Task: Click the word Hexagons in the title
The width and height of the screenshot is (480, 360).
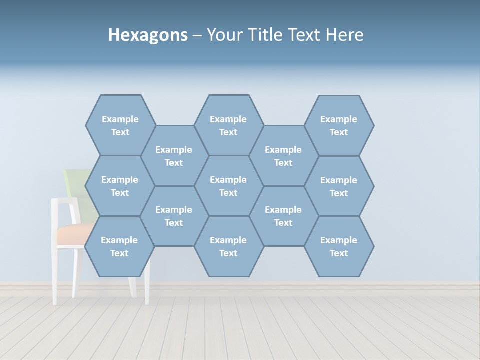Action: point(148,35)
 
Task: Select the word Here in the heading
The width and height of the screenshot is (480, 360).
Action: point(344,35)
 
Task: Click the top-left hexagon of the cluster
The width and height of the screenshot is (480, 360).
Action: point(120,125)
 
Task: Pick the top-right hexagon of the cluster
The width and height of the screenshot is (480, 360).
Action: point(339,125)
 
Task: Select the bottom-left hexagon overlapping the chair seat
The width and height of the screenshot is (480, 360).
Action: point(119,246)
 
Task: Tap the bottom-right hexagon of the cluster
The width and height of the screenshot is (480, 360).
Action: point(339,246)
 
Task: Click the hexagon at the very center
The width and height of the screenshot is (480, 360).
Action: point(228,186)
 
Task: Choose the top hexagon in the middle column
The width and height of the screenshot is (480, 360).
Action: point(228,125)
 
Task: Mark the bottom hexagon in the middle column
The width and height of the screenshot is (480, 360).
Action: point(228,246)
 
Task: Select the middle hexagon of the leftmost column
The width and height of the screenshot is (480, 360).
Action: point(120,186)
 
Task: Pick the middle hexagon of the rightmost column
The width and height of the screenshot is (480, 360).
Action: point(339,186)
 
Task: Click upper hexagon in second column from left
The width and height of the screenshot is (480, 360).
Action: point(174,156)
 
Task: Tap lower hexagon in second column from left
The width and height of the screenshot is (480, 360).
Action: point(174,216)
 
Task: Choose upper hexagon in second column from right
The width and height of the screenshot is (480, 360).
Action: point(283,156)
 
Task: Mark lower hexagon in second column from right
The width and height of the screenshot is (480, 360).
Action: point(283,216)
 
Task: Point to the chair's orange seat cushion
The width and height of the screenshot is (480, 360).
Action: point(72,234)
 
